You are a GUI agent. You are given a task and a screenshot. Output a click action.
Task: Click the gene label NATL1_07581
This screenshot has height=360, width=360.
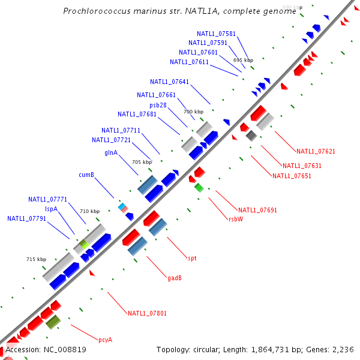[216, 34]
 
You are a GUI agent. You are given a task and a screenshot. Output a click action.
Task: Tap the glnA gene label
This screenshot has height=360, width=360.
[111, 152]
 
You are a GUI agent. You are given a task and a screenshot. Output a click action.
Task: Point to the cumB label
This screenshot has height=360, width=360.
[86, 175]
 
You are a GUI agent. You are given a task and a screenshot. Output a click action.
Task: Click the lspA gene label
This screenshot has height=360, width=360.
[52, 209]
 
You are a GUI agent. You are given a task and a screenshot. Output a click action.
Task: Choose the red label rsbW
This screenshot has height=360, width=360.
[236, 219]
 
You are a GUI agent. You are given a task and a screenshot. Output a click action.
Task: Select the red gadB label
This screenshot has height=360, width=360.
[175, 278]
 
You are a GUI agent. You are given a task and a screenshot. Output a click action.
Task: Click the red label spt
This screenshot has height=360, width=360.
[192, 258]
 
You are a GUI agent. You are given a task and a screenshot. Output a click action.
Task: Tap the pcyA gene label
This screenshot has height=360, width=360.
[106, 340]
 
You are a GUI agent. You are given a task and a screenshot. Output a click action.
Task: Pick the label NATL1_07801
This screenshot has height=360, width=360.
[147, 313]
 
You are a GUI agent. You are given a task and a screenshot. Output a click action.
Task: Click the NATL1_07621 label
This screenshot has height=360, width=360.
[316, 151]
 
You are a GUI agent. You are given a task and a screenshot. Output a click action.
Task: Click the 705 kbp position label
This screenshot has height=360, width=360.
[142, 162]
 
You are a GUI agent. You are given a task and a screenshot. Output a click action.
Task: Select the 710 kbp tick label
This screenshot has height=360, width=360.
[89, 211]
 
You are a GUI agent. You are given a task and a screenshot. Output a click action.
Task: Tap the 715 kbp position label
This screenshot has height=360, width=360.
[37, 259]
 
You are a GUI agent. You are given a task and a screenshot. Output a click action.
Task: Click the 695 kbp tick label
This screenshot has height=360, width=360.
[244, 60]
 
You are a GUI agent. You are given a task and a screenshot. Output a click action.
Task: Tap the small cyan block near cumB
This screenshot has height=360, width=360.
[122, 206]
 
